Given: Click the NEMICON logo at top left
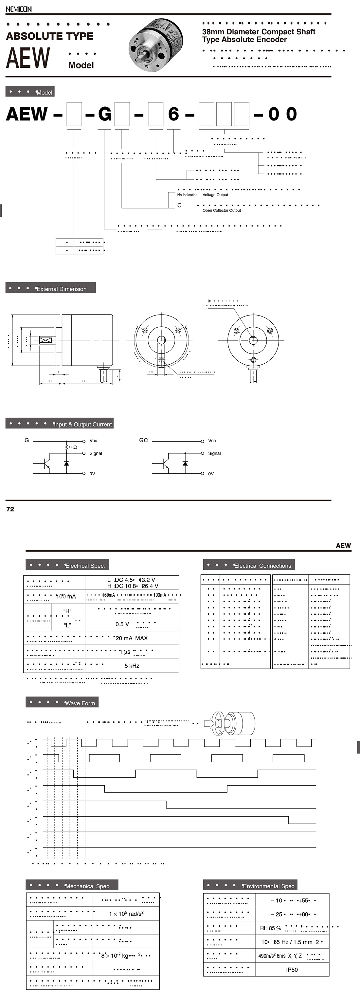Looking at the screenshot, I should click(x=19, y=9).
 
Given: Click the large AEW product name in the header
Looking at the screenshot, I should click(x=28, y=58).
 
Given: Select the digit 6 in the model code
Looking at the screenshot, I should click(x=173, y=114).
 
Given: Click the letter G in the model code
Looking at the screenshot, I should click(x=105, y=114).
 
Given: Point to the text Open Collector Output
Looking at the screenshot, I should click(x=221, y=210).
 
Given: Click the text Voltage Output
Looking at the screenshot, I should click(x=215, y=195).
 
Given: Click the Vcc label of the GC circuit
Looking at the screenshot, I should click(x=212, y=441).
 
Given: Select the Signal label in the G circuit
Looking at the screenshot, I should click(x=96, y=453).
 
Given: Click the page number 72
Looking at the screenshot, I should click(x=10, y=509).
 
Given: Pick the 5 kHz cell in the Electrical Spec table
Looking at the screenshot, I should click(x=132, y=665).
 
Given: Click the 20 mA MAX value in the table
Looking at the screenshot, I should click(x=132, y=638).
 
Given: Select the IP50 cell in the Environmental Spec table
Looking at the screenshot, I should click(x=292, y=970).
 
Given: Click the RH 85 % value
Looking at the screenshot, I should click(x=270, y=928).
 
